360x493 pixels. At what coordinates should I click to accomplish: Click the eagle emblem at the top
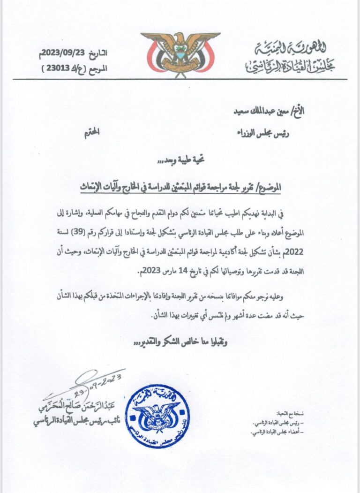pos(180,52)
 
